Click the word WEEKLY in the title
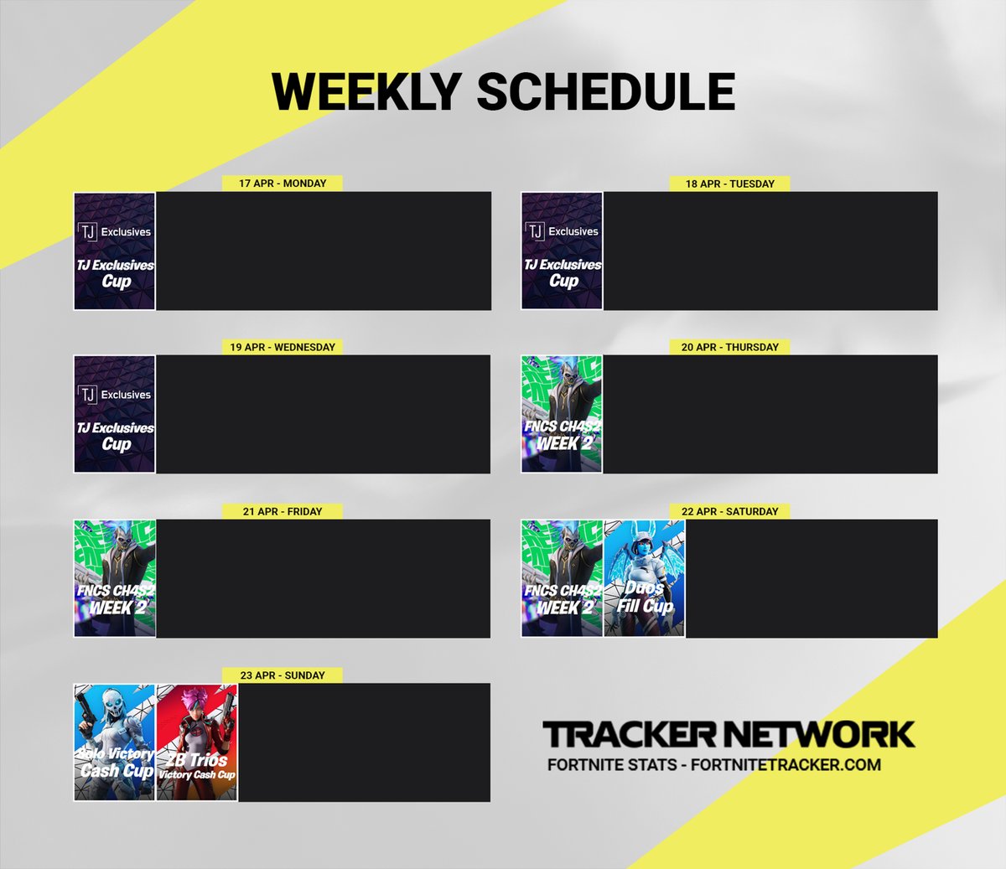pyautogui.click(x=366, y=91)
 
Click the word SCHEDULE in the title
pyautogui.click(x=605, y=91)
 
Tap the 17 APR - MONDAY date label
pyautogui.click(x=283, y=184)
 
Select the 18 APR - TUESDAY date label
pyautogui.click(x=729, y=184)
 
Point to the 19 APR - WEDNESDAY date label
pyautogui.click(x=283, y=347)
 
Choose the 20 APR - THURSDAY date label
pyautogui.click(x=729, y=347)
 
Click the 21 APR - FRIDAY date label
pyautogui.click(x=283, y=511)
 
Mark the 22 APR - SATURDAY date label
pyautogui.click(x=729, y=511)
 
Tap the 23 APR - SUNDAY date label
pyautogui.click(x=283, y=675)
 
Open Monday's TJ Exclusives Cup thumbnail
pyautogui.click(x=115, y=251)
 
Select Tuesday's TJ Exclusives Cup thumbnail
pyautogui.click(x=562, y=251)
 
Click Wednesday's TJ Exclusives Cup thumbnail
pyautogui.click(x=115, y=414)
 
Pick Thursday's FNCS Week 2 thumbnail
pyautogui.click(x=562, y=414)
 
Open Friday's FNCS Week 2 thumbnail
pyautogui.click(x=115, y=578)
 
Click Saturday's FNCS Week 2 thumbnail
pyautogui.click(x=562, y=578)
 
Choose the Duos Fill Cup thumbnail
pyautogui.click(x=644, y=578)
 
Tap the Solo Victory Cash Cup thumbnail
pyautogui.click(x=115, y=742)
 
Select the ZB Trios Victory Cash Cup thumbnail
pyautogui.click(x=197, y=742)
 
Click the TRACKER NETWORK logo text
pyautogui.click(x=728, y=734)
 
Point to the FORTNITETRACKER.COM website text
pyautogui.click(x=786, y=764)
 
